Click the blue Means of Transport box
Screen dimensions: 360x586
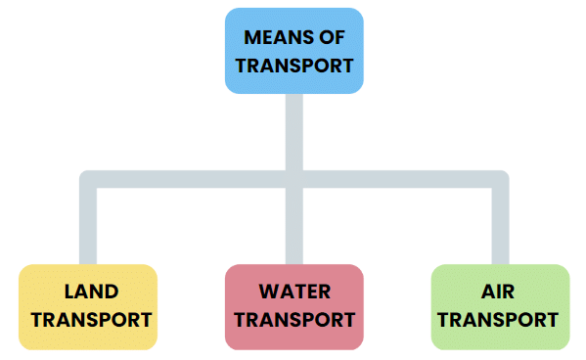[293, 51]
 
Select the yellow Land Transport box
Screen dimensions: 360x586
[88, 306]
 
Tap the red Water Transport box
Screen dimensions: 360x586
[293, 306]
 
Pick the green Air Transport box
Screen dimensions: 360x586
[499, 306]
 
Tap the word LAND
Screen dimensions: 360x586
[90, 292]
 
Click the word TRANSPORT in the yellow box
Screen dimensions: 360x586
[88, 320]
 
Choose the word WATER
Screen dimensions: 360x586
[294, 292]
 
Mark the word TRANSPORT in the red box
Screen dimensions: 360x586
[293, 320]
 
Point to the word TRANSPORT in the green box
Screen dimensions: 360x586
[499, 320]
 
